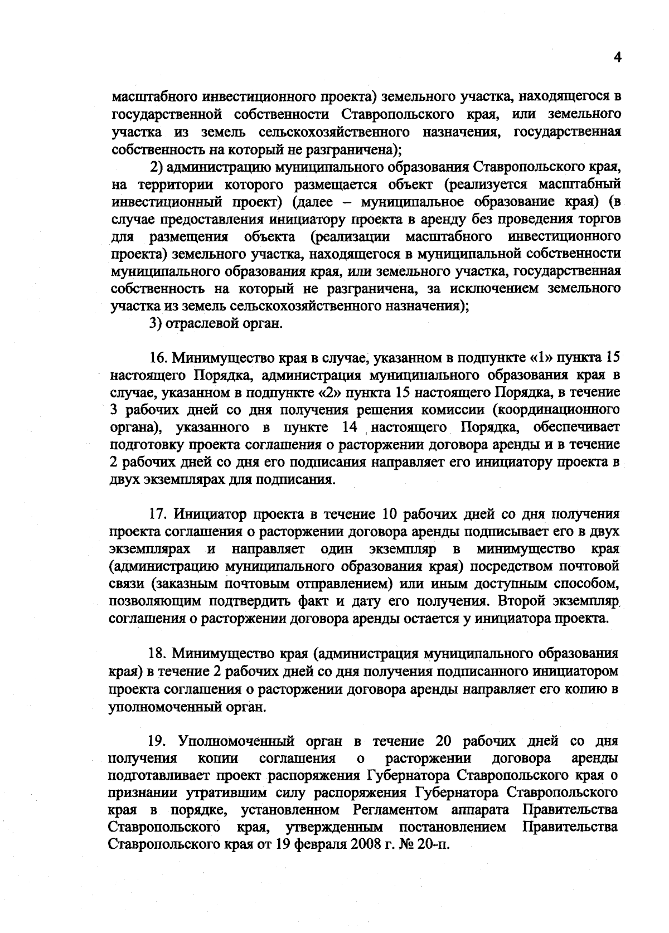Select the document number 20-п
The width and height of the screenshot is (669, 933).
coord(435,844)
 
